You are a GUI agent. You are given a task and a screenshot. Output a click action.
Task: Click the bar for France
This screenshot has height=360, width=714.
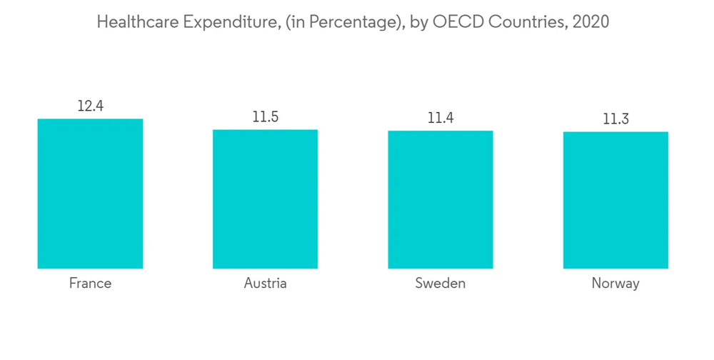click(x=90, y=194)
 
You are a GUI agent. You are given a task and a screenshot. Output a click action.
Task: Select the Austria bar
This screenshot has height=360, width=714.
click(x=265, y=199)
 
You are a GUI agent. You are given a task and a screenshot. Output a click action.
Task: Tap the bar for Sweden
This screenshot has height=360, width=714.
click(x=441, y=200)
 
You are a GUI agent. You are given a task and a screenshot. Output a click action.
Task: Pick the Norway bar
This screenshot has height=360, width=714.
click(x=615, y=201)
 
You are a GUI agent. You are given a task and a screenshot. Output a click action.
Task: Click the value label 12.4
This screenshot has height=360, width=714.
click(x=90, y=106)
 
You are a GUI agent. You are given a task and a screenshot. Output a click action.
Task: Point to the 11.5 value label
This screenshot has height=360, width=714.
click(x=265, y=117)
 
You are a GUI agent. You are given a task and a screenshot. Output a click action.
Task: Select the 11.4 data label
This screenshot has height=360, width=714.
click(x=441, y=118)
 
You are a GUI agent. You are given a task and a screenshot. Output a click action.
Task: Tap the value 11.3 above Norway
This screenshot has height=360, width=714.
click(x=615, y=119)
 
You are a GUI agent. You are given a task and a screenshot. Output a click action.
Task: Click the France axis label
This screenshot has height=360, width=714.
click(x=90, y=284)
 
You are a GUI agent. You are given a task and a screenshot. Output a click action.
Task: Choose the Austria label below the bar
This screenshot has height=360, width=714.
click(x=265, y=284)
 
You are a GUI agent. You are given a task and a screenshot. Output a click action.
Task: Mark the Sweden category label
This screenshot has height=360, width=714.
click(x=441, y=284)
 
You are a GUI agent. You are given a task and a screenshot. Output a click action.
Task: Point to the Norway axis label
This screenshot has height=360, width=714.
click(x=615, y=284)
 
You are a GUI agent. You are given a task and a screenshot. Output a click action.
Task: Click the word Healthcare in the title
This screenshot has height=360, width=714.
click(x=137, y=22)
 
